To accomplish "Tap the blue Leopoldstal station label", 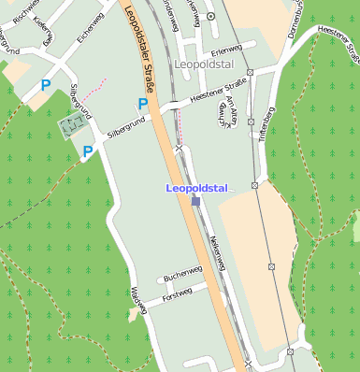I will point(196,188).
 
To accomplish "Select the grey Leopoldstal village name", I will point(202,64).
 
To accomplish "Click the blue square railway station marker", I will point(195,200).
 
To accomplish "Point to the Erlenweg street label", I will point(226,50).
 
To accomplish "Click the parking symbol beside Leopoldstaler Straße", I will point(142,105).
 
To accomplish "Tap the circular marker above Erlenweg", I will point(210,16).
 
